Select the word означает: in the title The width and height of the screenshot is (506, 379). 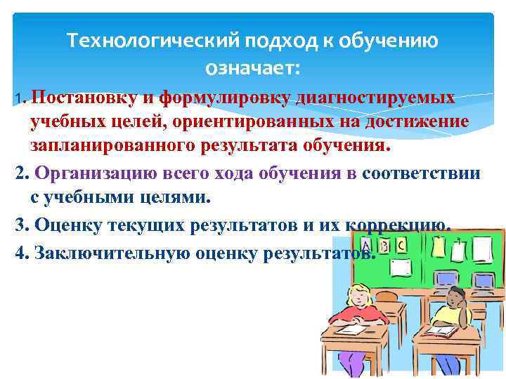click(x=252, y=68)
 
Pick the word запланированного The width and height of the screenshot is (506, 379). click(x=124, y=147)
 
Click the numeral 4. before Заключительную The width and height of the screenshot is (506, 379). click(x=20, y=251)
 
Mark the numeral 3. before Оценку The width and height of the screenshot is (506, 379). click(x=21, y=225)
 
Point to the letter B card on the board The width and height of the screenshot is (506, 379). click(x=388, y=245)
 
